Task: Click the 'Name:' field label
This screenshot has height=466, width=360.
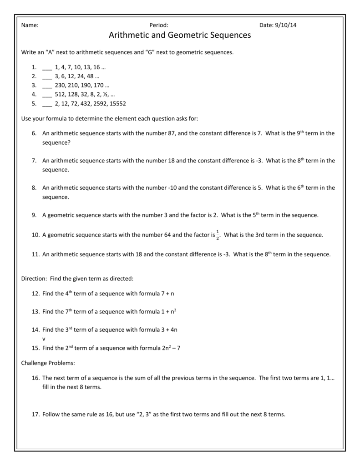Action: (30, 25)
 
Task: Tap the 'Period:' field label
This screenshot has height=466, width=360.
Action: (159, 25)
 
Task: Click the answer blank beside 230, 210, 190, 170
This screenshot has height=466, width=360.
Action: (47, 86)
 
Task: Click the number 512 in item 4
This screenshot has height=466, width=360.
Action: (60, 95)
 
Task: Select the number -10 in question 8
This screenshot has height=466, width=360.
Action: (173, 187)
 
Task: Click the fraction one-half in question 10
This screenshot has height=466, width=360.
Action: (218, 235)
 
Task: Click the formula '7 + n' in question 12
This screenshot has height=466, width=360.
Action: (167, 294)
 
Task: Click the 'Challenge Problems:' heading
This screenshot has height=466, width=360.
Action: (48, 363)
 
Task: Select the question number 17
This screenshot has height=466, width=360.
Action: (36, 415)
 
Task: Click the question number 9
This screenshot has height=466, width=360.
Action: (35, 215)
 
